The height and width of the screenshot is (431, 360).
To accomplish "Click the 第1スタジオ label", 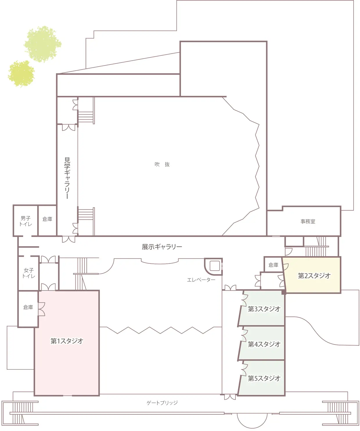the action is pyautogui.click(x=67, y=341).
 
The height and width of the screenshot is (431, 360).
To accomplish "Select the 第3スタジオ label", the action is pyautogui.click(x=264, y=309).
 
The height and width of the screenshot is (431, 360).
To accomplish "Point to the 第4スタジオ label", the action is pyautogui.click(x=264, y=344).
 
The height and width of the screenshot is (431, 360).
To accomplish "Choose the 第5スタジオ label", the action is pyautogui.click(x=264, y=378).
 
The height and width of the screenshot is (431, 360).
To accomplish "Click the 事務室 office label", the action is pyautogui.click(x=308, y=222).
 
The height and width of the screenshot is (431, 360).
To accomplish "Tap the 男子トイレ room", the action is pyautogui.click(x=26, y=221).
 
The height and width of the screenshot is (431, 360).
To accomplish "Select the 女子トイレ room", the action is pyautogui.click(x=29, y=273).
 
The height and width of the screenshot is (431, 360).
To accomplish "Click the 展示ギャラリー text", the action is pyautogui.click(x=162, y=247).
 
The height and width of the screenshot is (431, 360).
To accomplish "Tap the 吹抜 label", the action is pyautogui.click(x=162, y=164).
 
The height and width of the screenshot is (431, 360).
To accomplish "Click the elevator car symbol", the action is pyautogui.click(x=215, y=266).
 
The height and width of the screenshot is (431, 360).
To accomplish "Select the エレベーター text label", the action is pyautogui.click(x=201, y=280).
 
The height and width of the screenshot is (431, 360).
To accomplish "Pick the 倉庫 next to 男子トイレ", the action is pyautogui.click(x=47, y=219).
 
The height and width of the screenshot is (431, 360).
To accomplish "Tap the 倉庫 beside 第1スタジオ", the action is pyautogui.click(x=28, y=307).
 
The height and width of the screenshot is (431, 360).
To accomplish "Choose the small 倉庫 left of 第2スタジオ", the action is pyautogui.click(x=273, y=265).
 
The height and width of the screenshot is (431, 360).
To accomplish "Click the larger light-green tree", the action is pyautogui.click(x=43, y=44).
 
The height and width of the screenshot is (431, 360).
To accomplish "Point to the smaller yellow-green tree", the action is pyautogui.click(x=21, y=73).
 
